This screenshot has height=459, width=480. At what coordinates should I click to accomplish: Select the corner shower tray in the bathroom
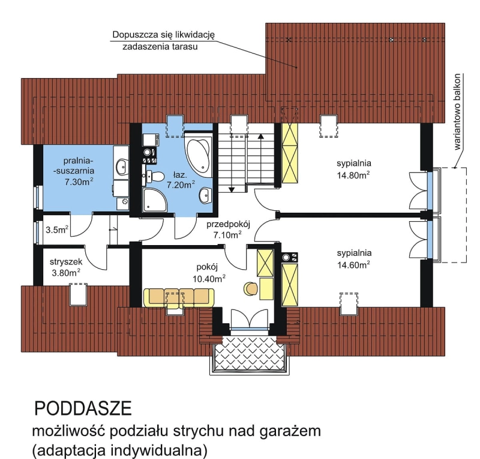pos(154,200)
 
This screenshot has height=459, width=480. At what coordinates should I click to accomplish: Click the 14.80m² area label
pos(353,175)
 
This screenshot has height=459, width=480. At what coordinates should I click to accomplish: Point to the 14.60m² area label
pos(353,264)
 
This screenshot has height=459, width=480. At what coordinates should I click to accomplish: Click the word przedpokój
pos(229,225)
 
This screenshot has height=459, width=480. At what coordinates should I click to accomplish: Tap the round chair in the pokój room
pos(251,288)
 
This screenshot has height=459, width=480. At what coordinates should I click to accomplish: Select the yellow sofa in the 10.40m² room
pos(179,297)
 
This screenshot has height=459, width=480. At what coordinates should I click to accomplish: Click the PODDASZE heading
pos(83,409)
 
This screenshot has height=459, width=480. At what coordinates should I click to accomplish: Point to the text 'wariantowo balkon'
pos(457,112)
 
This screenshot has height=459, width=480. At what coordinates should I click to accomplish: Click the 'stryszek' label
pos(66,262)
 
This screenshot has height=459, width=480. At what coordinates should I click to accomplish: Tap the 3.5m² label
pos(57,229)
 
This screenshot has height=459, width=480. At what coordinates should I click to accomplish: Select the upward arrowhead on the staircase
pos(261,136)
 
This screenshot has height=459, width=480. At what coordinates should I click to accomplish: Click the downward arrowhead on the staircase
pos(232,189)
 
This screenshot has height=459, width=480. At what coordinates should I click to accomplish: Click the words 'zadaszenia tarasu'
pos(160,47)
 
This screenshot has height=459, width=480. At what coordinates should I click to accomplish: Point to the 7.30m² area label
pos(79,182)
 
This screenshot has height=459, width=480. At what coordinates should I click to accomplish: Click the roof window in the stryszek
pos(79,294)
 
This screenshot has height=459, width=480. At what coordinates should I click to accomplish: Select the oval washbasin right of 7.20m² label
pos(205,195)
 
